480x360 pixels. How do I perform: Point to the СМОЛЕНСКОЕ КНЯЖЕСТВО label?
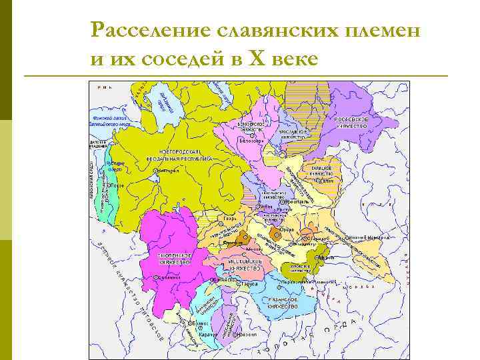tap(175, 259)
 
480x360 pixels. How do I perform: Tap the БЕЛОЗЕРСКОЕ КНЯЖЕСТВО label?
tap(255, 126)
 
